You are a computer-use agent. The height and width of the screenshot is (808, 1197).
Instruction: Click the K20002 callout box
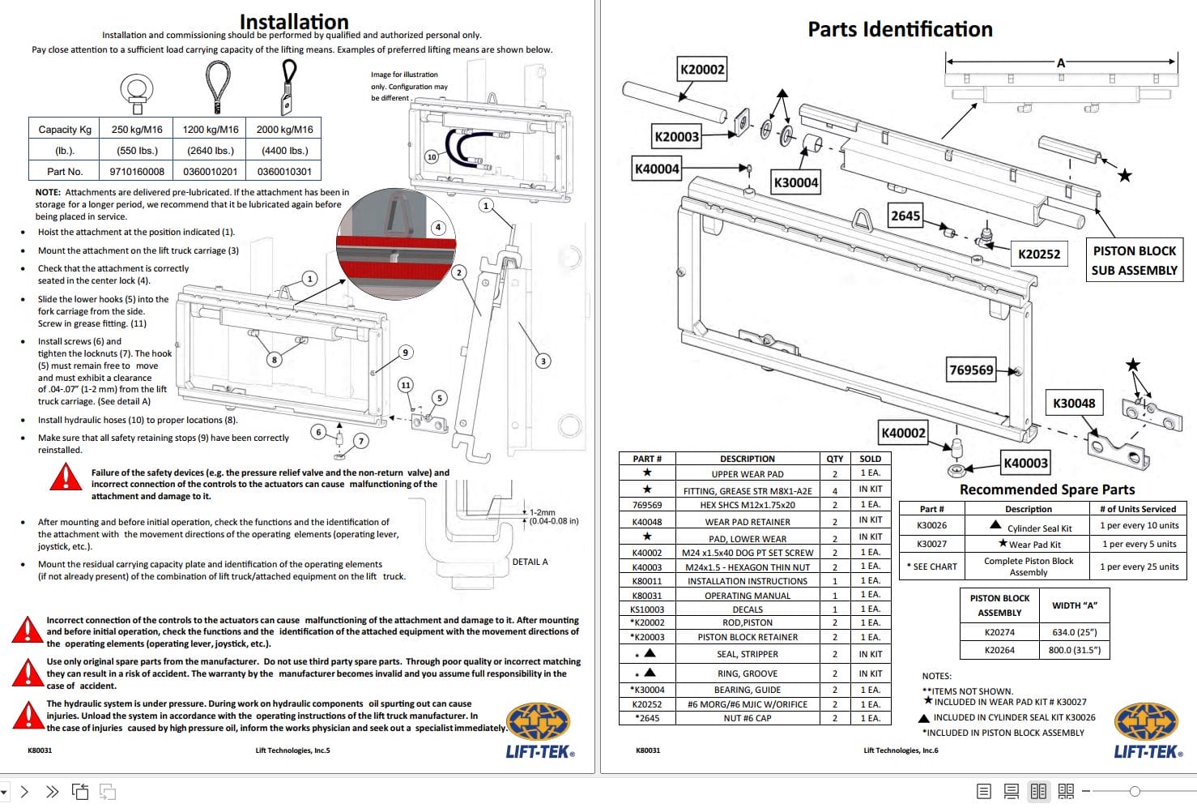coord(702,70)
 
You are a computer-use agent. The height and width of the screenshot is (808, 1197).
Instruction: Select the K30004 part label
coord(795,182)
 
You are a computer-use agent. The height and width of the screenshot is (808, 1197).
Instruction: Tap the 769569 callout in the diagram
coord(971,370)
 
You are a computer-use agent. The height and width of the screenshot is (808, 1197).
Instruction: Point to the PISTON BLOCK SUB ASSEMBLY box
coord(1134,261)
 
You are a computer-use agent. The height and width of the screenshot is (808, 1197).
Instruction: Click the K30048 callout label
coord(1073,403)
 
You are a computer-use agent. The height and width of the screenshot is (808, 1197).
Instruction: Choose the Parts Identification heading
coord(900,30)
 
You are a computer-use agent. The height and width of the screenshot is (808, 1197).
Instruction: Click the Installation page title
coord(294,21)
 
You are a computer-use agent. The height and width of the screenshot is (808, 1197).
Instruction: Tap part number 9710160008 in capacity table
coord(137,172)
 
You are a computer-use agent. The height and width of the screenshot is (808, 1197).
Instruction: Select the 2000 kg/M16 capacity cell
coord(284,129)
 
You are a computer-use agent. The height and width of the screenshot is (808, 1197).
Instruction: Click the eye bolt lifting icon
coord(136,92)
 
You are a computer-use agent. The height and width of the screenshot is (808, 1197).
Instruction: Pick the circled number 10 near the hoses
coord(432,156)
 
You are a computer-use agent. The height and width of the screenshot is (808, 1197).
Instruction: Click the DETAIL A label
coord(530,562)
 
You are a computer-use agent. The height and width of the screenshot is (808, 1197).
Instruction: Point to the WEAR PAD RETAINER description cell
coord(747,522)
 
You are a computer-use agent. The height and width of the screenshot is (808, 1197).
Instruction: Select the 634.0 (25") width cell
coord(1074,632)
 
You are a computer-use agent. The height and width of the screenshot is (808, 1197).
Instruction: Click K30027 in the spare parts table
coord(931,544)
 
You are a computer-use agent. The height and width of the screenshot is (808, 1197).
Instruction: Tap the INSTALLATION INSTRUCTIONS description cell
coord(747,581)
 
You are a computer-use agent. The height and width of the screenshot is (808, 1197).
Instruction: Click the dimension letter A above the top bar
coord(1060,62)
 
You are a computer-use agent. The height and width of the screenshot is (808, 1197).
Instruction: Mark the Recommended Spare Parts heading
coord(1046,490)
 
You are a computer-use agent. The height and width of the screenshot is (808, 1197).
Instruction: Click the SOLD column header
coord(870,459)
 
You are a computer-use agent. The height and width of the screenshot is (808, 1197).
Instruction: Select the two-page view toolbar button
coord(1038,791)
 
